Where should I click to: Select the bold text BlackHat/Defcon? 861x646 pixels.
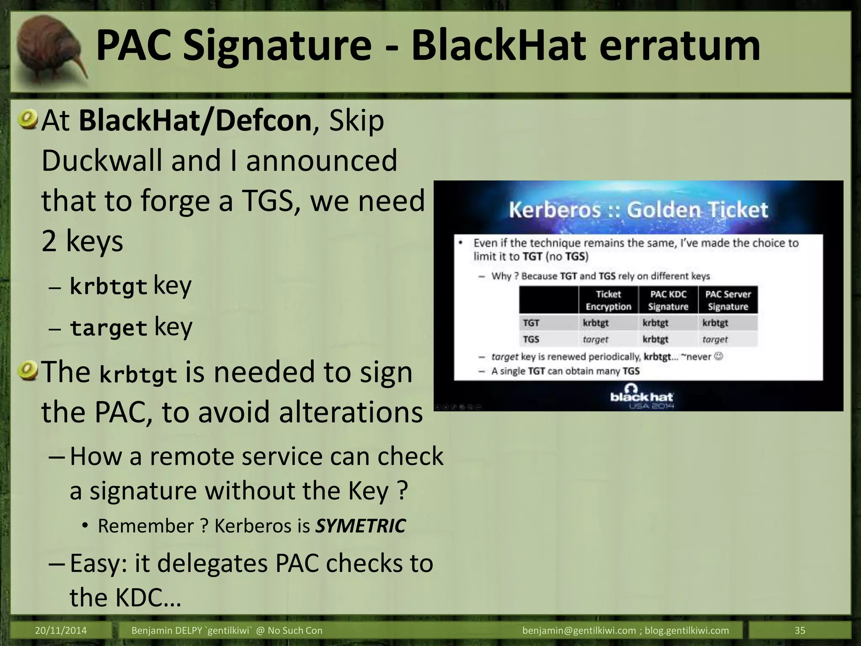(x=195, y=121)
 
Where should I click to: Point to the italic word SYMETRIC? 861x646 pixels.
(x=361, y=526)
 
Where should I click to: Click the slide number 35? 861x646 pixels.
(x=800, y=630)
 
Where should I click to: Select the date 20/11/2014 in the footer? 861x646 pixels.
(x=61, y=630)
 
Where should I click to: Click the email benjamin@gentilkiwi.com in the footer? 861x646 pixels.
(x=579, y=630)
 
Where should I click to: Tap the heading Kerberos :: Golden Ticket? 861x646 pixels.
(x=638, y=209)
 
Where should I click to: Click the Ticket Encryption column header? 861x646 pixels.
(x=608, y=300)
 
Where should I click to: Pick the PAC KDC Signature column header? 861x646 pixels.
(x=668, y=300)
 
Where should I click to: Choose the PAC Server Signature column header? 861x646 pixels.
(x=728, y=300)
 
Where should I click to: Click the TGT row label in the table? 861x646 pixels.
(x=531, y=323)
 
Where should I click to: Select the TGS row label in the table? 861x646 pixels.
(x=531, y=339)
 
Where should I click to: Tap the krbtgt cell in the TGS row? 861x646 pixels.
(x=655, y=339)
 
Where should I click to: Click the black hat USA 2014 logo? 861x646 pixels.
(x=641, y=397)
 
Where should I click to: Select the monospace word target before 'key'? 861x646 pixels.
(x=108, y=328)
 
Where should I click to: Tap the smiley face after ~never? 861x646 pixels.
(x=719, y=357)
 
